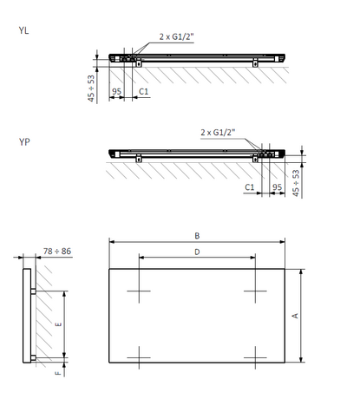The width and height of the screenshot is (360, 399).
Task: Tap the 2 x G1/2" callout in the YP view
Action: pos(217,132)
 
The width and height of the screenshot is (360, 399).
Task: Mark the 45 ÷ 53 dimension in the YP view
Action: pos(298,183)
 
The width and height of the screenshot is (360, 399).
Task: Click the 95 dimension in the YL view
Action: pos(115,89)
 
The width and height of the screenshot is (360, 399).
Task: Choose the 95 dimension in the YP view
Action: pos(276,186)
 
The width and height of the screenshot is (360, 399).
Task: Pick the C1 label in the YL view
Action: pos(144,89)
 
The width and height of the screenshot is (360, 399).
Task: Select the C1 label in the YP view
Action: pos(248,186)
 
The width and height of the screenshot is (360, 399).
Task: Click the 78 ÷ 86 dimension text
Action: pos(57,251)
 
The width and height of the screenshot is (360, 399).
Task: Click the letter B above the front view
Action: pos(197,235)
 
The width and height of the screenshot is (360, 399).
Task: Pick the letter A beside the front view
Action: pos(295,316)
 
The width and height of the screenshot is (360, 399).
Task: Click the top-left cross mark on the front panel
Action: pos(139,290)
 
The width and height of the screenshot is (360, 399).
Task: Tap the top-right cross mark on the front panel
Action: pos(254,290)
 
